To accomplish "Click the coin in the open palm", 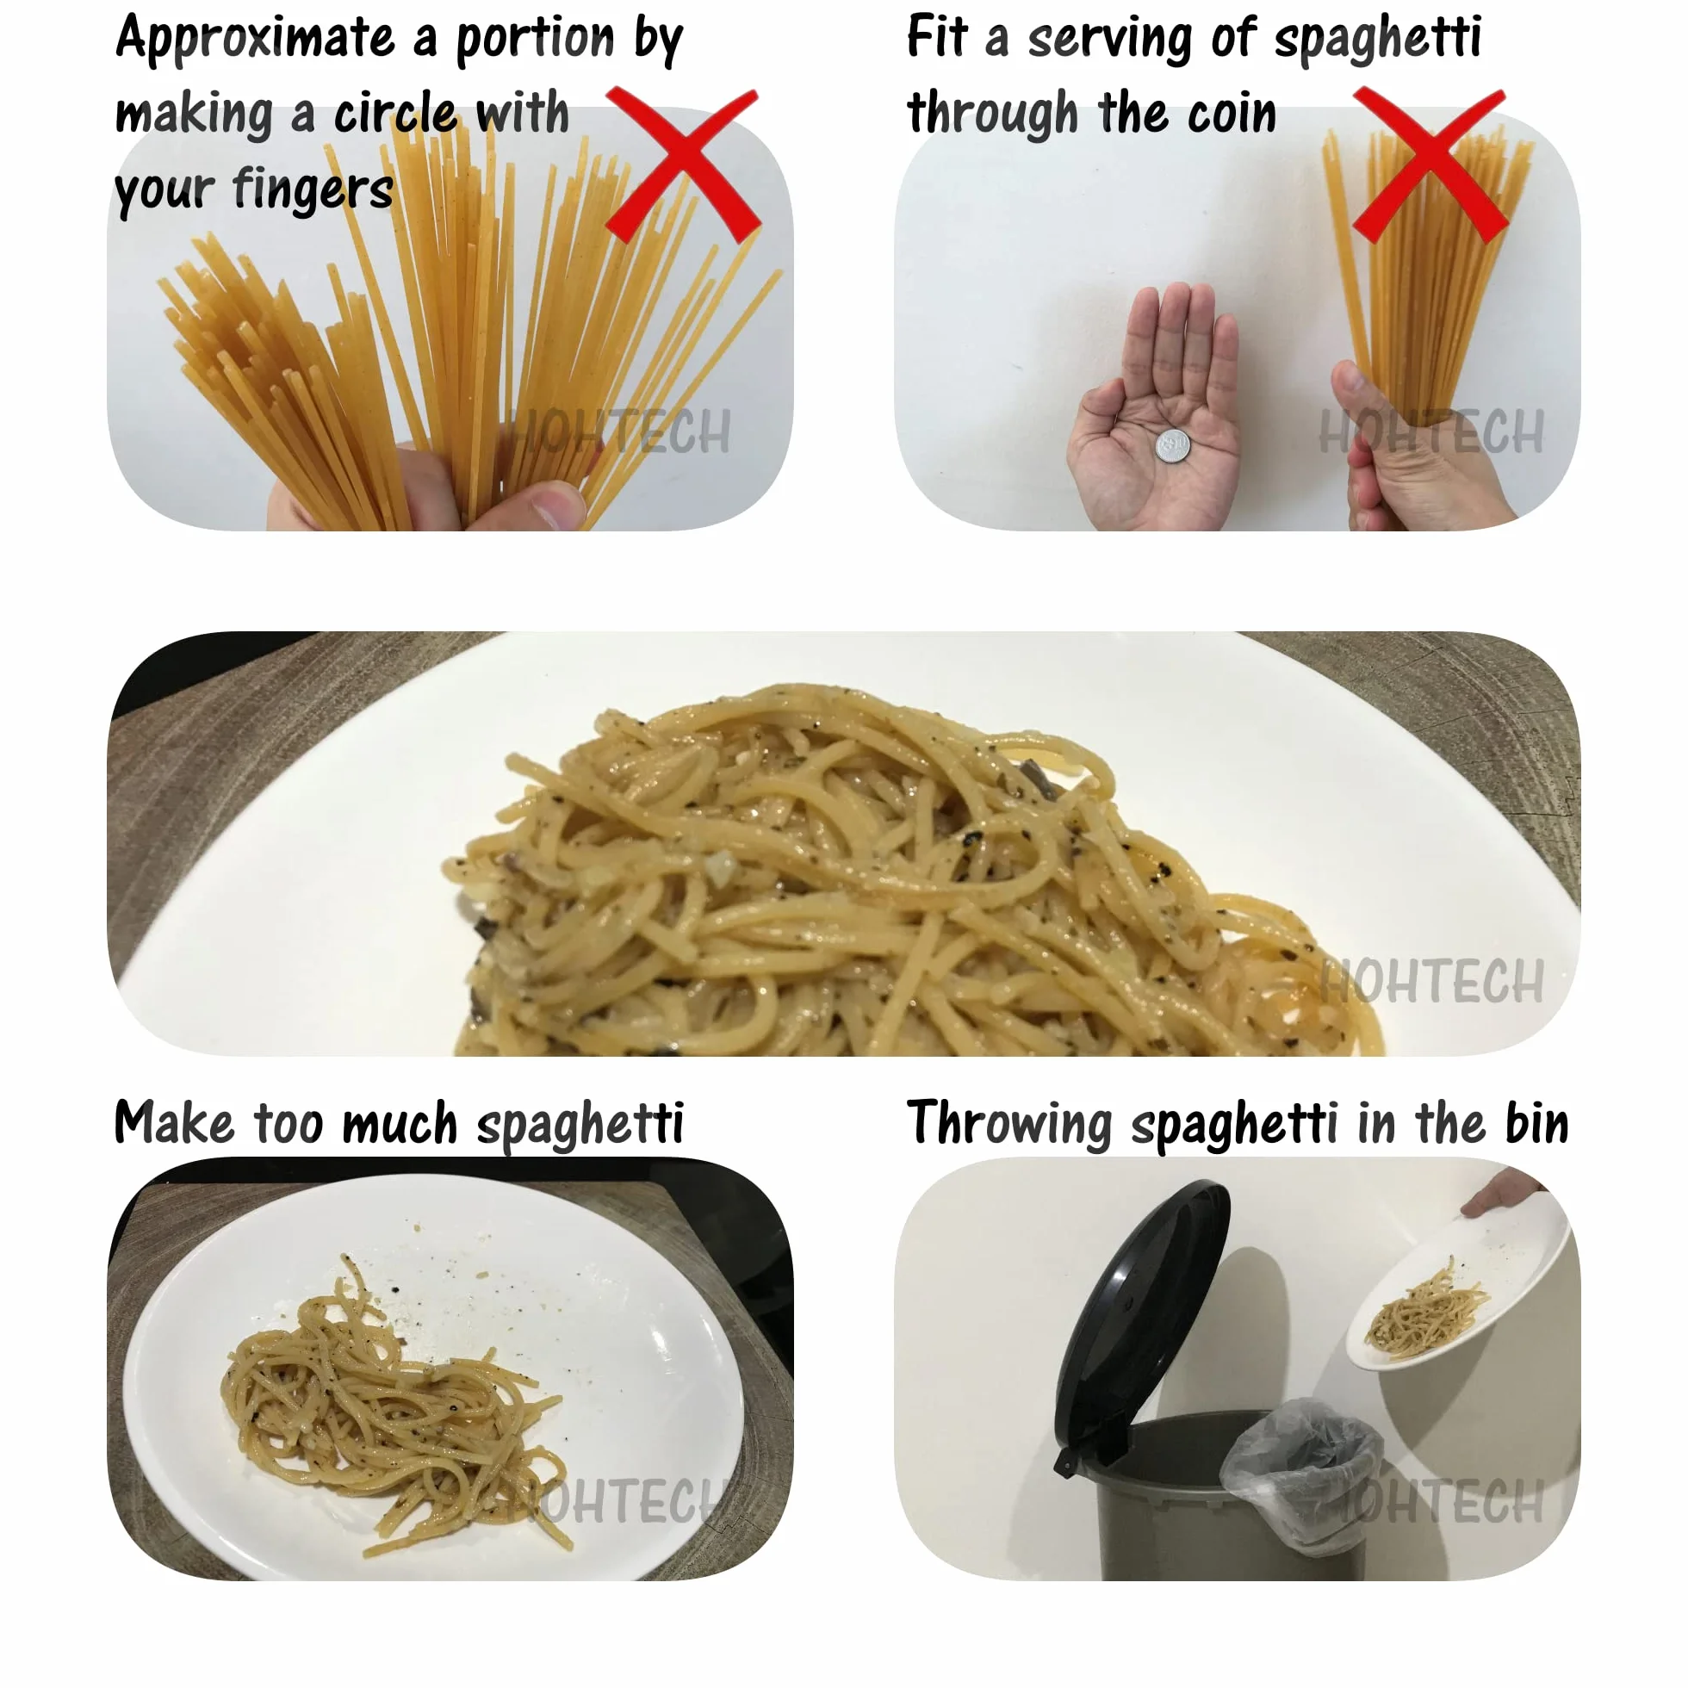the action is click(1171, 446).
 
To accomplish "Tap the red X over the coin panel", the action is click(1430, 164).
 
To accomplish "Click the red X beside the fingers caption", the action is click(682, 164).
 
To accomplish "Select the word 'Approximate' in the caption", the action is click(255, 40).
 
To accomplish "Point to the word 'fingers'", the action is click(313, 189).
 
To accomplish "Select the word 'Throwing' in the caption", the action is click(1009, 1123).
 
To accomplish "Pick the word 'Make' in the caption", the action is click(174, 1123).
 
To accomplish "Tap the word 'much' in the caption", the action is click(400, 1123).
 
